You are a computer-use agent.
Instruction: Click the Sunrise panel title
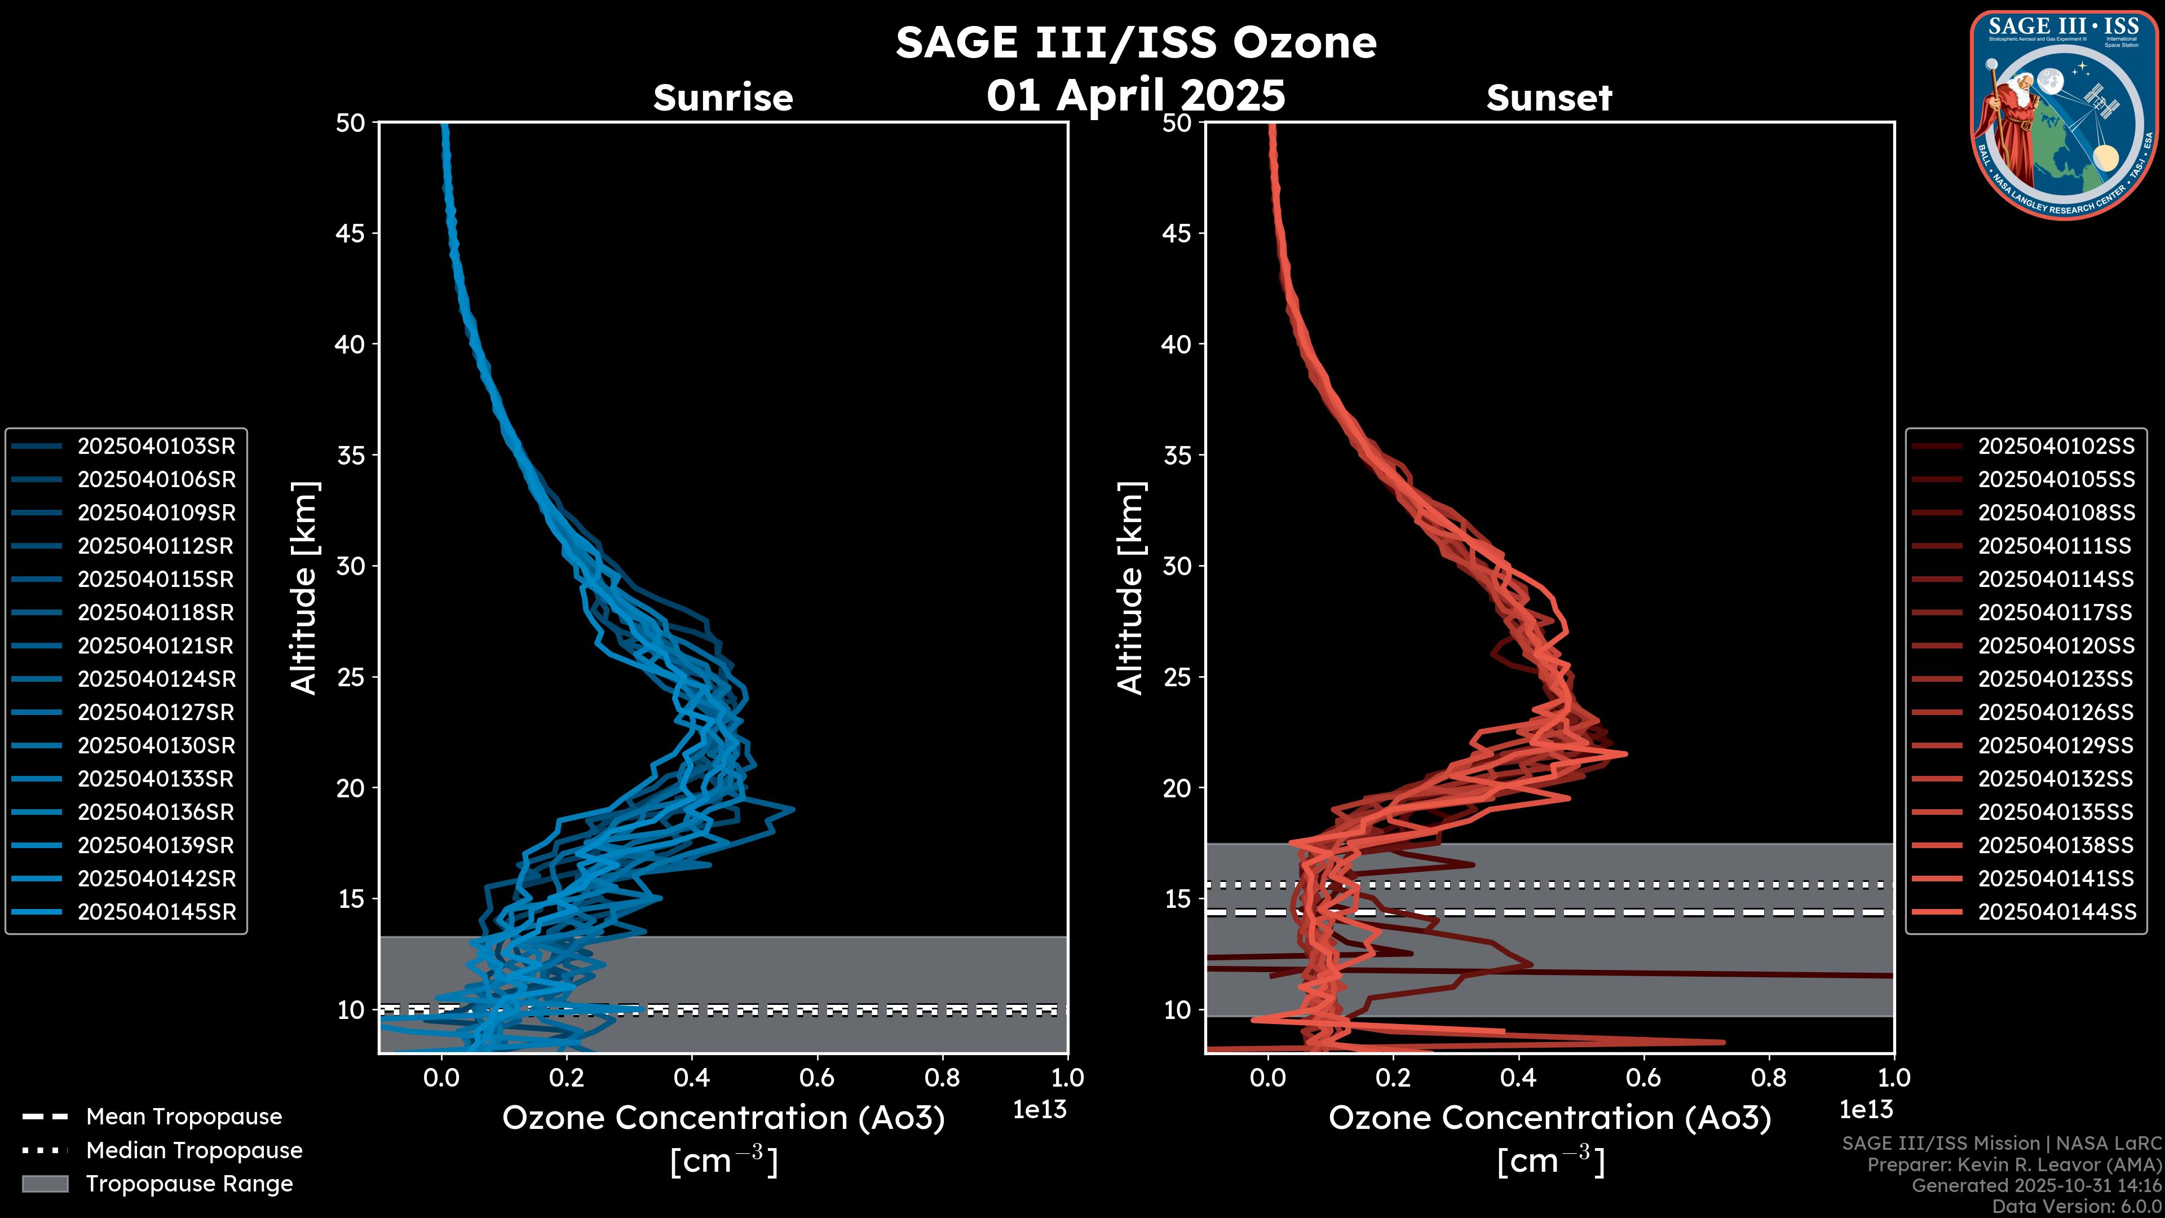(723, 98)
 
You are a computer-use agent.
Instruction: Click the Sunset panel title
(1549, 98)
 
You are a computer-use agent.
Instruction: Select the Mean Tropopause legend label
(183, 1117)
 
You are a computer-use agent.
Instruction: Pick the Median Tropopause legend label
(193, 1151)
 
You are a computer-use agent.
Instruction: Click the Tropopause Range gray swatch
(45, 1184)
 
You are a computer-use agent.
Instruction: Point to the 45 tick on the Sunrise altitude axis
(351, 233)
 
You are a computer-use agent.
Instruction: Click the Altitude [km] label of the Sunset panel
(1130, 588)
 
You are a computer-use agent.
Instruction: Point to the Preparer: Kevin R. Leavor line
(2014, 1165)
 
